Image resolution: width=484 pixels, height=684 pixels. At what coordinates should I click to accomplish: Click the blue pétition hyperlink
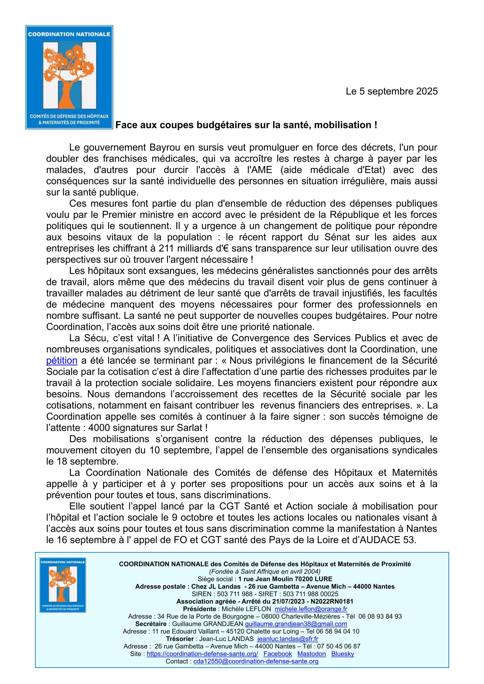coord(62,361)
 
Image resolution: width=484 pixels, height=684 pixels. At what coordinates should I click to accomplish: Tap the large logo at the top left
coord(69,77)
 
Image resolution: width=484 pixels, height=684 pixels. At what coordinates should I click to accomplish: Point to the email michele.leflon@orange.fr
coord(311,609)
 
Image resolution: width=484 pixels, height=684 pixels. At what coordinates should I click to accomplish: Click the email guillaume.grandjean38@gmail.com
coord(296,624)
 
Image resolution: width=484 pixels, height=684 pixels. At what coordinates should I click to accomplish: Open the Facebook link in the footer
coord(277,654)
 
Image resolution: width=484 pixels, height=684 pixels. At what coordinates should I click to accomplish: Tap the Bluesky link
coord(343,654)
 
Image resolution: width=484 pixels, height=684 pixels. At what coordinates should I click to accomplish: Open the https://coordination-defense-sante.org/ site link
coord(202,654)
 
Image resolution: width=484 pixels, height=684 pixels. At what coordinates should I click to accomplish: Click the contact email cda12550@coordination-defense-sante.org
coord(256,661)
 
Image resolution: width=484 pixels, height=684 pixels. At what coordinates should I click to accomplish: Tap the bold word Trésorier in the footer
coord(180,639)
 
